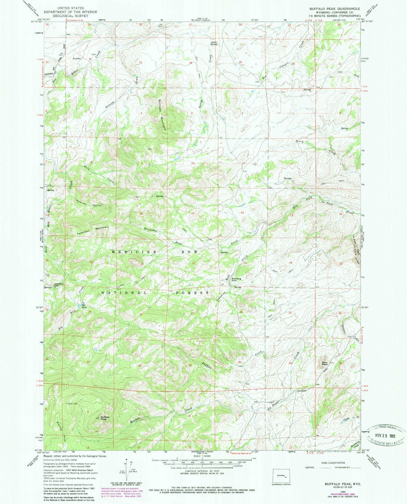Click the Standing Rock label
tap(236, 280)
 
